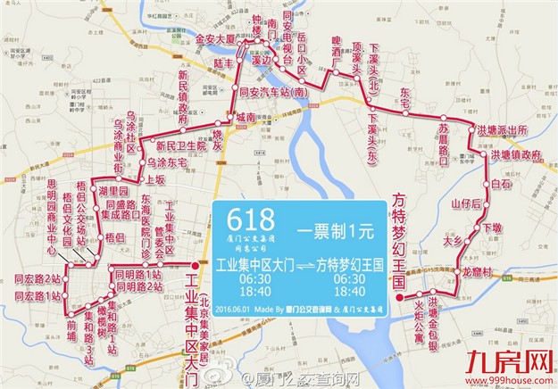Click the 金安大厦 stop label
[x=214, y=40]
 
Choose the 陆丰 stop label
[x=223, y=63]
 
